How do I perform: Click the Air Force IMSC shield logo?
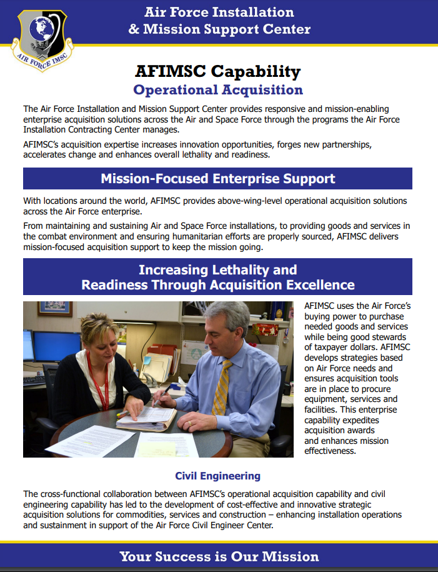coord(38,38)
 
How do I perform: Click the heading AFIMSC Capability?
coord(217,71)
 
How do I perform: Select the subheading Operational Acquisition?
coord(218,90)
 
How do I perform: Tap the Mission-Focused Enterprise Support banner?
coord(217,179)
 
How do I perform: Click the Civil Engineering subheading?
coord(217,476)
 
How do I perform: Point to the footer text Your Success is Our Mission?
coord(219,556)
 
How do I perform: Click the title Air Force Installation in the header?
coord(219,12)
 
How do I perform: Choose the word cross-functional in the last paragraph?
coord(71,494)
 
